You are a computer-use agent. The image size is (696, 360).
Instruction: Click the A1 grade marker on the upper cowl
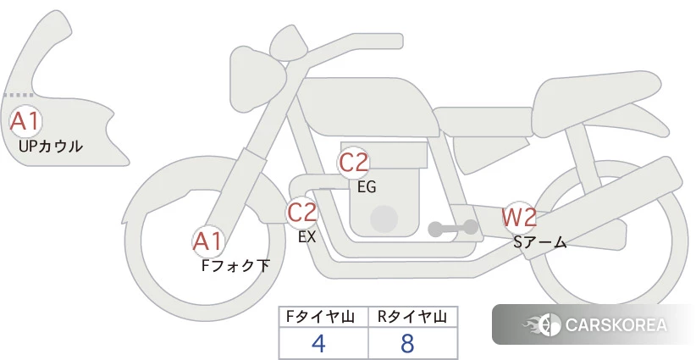point(25,121)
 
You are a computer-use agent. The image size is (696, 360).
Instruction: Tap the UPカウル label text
point(51,146)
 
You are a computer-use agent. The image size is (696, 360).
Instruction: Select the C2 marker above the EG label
point(353,163)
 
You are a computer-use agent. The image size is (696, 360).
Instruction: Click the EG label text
point(367,187)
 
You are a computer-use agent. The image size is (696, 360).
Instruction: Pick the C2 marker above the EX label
point(301,212)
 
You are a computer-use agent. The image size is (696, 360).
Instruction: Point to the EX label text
point(307,236)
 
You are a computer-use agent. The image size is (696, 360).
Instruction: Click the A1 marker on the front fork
point(208,241)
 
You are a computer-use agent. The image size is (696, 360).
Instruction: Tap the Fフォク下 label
point(235,265)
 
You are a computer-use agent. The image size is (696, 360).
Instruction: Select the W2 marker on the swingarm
point(519,218)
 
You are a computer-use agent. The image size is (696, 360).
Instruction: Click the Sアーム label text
point(540,242)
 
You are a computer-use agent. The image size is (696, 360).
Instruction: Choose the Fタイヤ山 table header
point(320,317)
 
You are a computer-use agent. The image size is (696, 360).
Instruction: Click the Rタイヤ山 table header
point(412,317)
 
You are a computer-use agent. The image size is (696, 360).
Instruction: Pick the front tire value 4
point(318,343)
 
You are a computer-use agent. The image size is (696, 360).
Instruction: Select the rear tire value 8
point(407,343)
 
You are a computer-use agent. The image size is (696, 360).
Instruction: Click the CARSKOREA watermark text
point(616,324)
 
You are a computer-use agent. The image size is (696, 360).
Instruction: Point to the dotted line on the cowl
point(19,95)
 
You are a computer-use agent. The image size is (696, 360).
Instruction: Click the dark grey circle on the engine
point(384,219)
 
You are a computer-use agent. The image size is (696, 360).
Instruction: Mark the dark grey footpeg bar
point(453,229)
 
